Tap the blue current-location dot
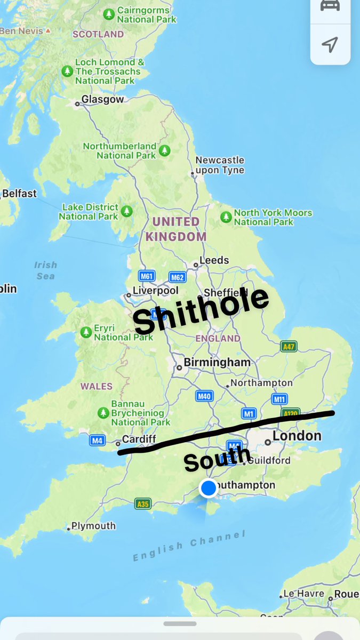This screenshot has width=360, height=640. [208, 487]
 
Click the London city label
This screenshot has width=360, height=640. [297, 436]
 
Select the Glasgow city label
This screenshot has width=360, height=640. [102, 99]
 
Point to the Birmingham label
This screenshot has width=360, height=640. [217, 363]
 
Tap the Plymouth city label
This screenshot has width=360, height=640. [93, 526]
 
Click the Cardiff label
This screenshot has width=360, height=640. [139, 439]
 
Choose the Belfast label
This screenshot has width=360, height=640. [19, 193]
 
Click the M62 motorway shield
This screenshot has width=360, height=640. [177, 277]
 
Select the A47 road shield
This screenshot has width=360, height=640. [289, 346]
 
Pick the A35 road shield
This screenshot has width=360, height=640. [142, 503]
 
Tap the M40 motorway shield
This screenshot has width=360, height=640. [204, 396]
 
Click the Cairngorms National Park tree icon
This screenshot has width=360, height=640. [109, 14]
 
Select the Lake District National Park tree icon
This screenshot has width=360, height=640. [126, 211]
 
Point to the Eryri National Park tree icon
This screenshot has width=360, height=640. [86, 332]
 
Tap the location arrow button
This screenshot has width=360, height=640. [330, 44]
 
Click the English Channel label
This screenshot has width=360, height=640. [189, 546]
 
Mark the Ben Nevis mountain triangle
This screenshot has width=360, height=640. [48, 31]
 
